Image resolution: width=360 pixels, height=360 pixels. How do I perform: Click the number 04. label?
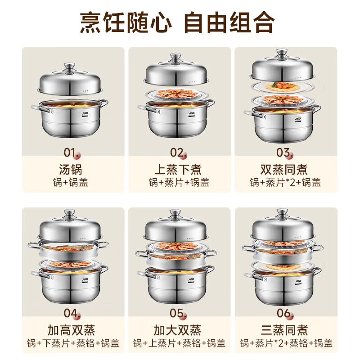coord(71,314)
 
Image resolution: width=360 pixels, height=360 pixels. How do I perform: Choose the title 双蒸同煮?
coord(284,170)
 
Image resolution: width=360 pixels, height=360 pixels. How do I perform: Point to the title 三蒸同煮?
coord(284,330)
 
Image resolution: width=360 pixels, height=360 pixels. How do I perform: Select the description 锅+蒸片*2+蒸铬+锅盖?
coord(286,343)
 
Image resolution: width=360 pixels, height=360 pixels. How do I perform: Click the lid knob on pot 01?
coord(69,68)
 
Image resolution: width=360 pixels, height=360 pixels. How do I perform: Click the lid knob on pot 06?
coord(283,213)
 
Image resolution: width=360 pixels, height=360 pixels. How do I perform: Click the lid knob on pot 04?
coord(69,214)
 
